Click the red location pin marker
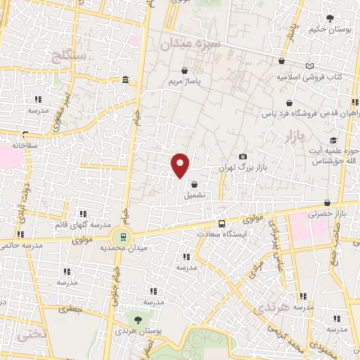[181, 165]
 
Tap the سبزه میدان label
[189, 44]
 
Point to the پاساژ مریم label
[185, 82]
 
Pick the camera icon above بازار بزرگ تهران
[243, 156]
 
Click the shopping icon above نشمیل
[193, 184]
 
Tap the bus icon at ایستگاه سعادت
[221, 224]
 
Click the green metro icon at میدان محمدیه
[124, 236]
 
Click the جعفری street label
[70, 308]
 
